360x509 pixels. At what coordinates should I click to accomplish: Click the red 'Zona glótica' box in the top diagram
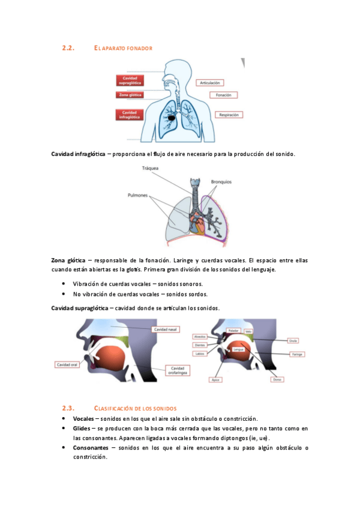(130, 95)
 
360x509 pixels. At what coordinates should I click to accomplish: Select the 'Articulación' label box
(210, 82)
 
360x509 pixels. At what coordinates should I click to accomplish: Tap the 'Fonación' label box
(223, 95)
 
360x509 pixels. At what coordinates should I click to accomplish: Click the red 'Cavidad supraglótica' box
(130, 80)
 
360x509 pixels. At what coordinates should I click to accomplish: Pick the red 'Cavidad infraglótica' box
(130, 115)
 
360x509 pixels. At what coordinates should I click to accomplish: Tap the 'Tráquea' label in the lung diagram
(150, 169)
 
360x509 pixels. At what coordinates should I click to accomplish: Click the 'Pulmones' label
(139, 195)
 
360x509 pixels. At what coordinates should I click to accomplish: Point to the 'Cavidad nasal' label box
(165, 330)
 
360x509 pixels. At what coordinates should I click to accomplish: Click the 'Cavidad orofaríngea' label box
(178, 370)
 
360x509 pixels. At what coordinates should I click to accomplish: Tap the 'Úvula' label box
(293, 340)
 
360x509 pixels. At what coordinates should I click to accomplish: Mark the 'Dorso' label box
(277, 379)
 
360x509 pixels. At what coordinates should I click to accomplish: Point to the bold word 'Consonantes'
(91, 448)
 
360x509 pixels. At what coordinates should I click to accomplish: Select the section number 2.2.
(68, 47)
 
